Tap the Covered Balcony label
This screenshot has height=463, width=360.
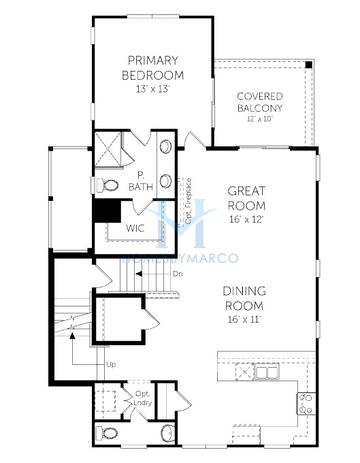click(260, 102)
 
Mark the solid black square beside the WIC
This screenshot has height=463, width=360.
click(103, 212)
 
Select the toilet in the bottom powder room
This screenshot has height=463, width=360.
click(111, 434)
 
